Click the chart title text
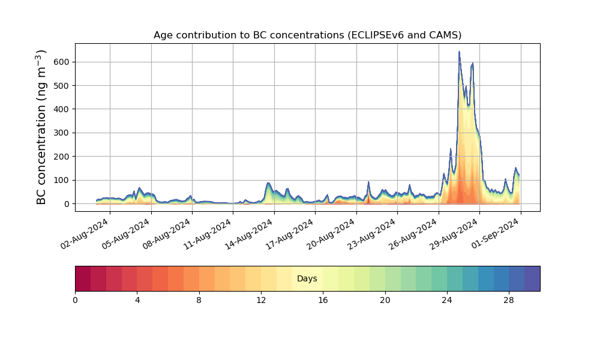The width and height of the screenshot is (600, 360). [307, 35]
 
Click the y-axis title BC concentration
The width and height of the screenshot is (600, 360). [41, 127]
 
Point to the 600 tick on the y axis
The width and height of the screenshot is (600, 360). [62, 62]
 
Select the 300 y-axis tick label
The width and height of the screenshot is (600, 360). [62, 133]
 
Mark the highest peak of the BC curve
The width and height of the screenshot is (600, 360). [459, 52]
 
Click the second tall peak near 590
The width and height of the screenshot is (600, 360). [473, 64]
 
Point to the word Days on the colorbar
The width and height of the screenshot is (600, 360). [307, 279]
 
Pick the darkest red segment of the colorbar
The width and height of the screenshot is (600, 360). [83, 278]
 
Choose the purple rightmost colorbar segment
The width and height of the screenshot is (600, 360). [532, 278]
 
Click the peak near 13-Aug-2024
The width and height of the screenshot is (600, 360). [268, 183]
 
